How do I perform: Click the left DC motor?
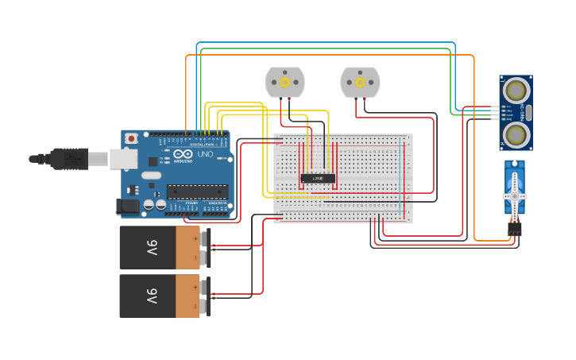point(284,82)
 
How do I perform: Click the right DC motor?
point(360,82)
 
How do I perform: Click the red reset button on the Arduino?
point(131,138)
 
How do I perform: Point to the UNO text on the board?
point(205,153)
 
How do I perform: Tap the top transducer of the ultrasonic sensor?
point(516,88)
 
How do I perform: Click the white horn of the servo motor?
point(514,196)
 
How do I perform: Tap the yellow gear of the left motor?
point(284,81)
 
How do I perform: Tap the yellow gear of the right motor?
point(360,81)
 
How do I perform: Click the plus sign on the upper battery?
point(195,237)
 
